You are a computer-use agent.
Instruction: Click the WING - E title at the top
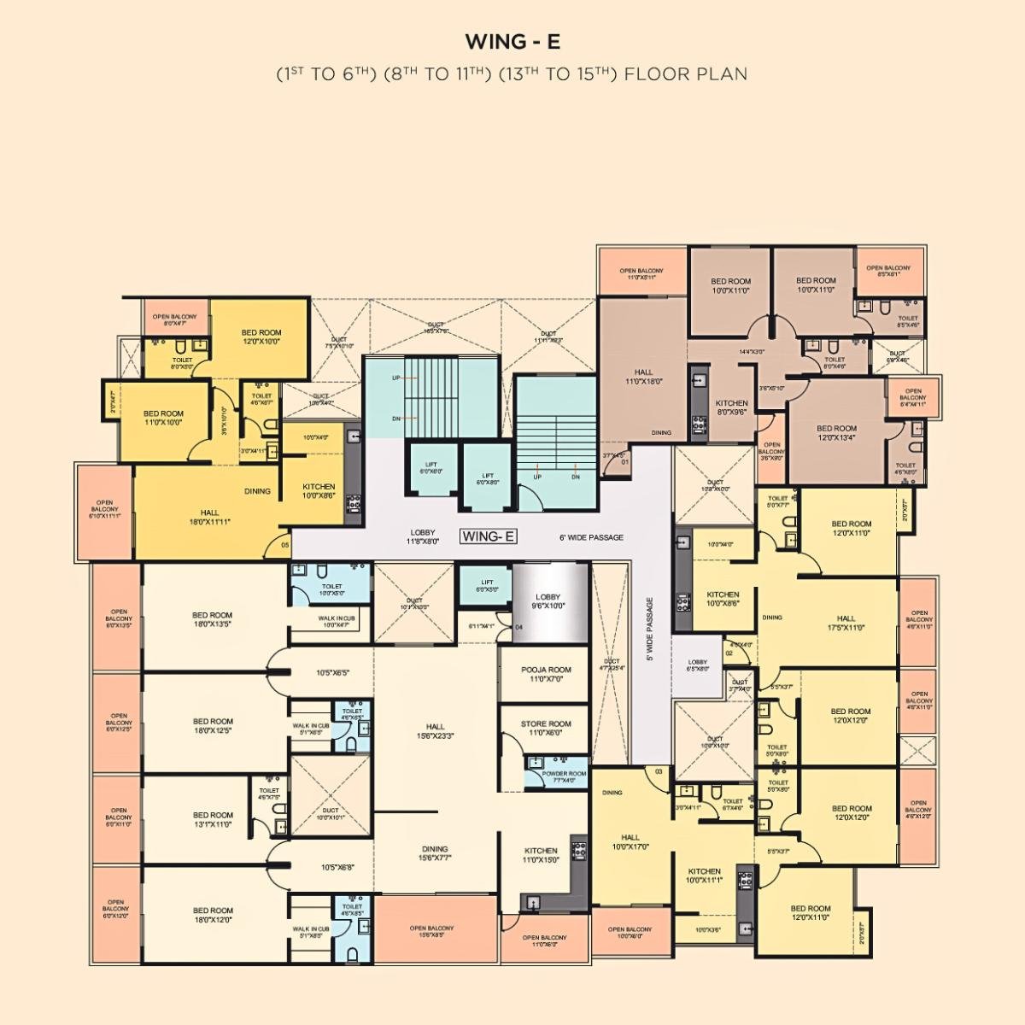(512, 41)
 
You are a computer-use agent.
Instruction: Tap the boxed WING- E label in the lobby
(489, 536)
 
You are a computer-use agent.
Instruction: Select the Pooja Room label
(546, 675)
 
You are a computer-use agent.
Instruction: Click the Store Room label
(546, 728)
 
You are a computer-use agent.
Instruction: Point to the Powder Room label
(564, 776)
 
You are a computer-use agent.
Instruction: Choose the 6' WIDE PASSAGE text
(591, 537)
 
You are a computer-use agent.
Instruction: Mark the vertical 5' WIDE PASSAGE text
(649, 629)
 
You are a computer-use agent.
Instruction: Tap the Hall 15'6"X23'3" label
(436, 731)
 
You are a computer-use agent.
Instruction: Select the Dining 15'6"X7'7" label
(435, 853)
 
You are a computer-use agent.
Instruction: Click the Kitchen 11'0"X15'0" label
(541, 855)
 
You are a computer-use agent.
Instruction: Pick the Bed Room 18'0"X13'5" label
(212, 619)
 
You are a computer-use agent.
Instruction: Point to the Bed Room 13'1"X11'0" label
(213, 819)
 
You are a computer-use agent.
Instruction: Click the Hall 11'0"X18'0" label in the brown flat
(643, 377)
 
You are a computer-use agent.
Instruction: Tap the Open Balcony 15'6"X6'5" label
(431, 932)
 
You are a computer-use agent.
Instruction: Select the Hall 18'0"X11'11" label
(209, 517)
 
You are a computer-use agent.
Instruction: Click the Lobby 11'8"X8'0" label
(424, 536)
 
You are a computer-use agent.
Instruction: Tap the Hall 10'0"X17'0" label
(630, 842)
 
